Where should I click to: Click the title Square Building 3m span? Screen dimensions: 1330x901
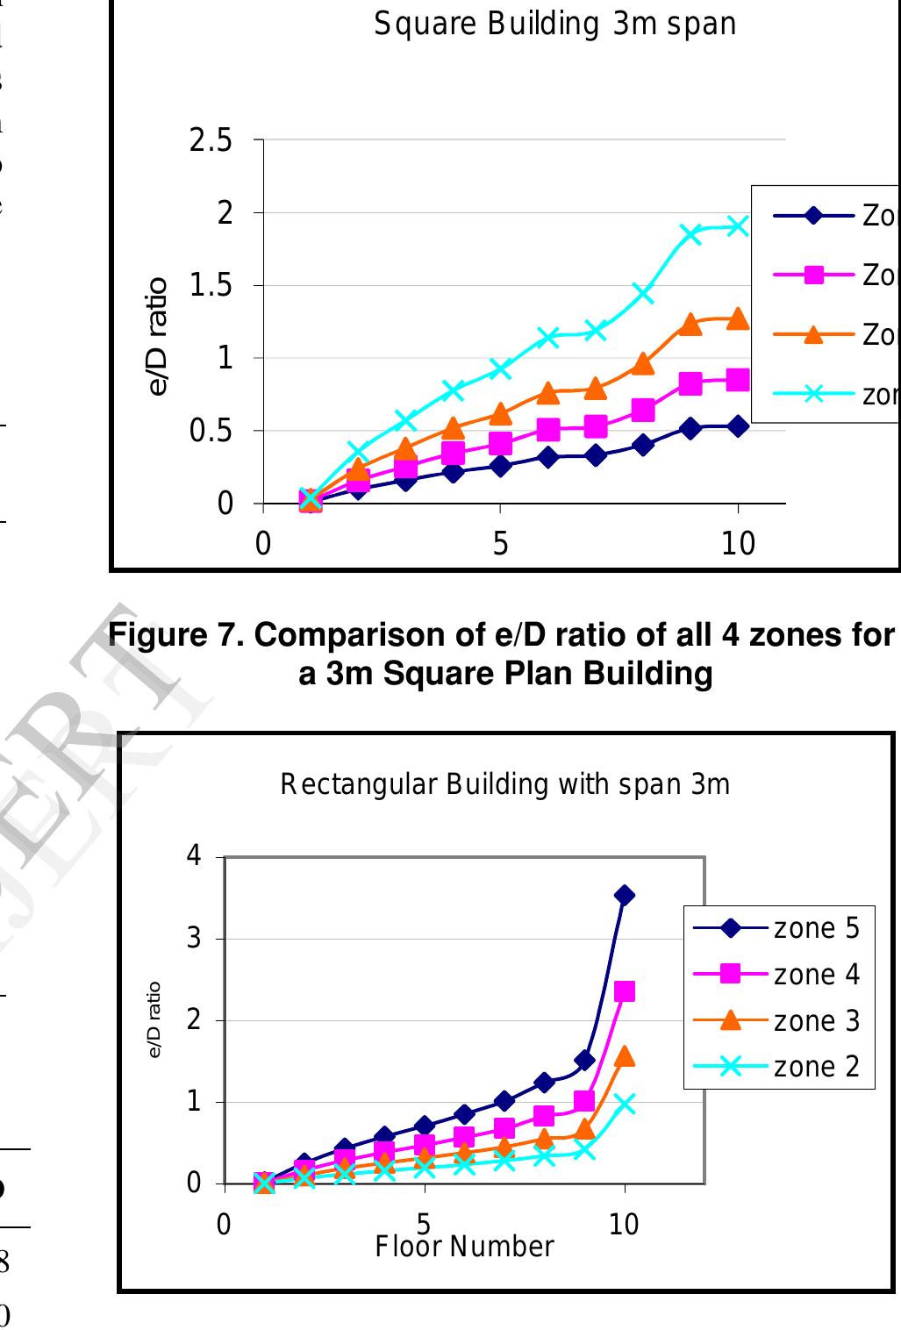554,25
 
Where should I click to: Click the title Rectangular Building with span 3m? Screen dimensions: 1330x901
504,784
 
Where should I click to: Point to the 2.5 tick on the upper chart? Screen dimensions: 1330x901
211,140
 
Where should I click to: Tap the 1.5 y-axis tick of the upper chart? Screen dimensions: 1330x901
211,286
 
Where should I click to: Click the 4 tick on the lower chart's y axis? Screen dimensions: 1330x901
195,856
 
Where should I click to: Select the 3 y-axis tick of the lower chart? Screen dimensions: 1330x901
195,939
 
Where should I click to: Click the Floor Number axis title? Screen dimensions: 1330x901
464,1246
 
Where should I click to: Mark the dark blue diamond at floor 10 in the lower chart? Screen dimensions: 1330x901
625,895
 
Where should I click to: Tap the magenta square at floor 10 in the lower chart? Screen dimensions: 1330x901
625,991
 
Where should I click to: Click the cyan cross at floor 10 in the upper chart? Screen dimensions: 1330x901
738,226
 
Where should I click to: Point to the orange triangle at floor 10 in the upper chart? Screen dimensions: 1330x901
738,318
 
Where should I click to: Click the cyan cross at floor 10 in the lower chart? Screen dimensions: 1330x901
625,1104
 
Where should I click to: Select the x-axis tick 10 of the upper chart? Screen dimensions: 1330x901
738,545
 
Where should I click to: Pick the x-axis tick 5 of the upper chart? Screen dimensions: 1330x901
500,545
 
